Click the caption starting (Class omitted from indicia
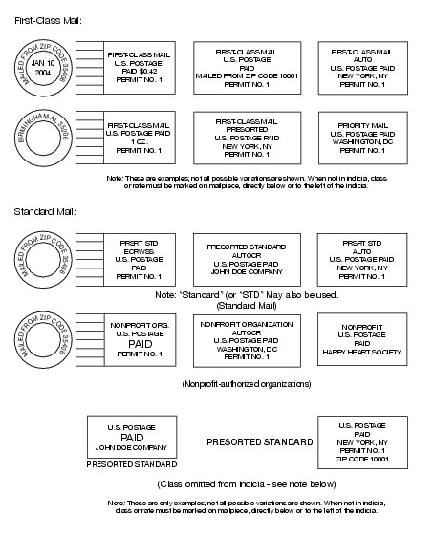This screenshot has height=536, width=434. click(x=247, y=484)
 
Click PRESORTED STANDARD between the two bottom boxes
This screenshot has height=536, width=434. click(x=260, y=442)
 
